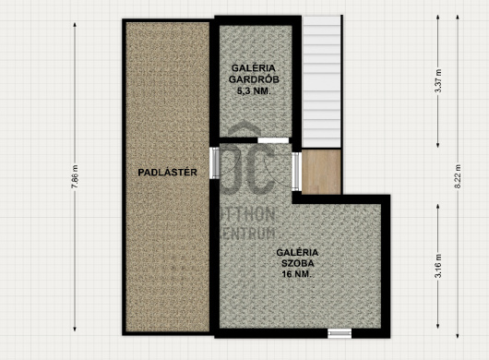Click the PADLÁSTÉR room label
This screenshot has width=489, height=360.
(x=168, y=173)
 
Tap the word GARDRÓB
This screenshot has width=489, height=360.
(x=254, y=79)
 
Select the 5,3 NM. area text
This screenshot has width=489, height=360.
(x=254, y=91)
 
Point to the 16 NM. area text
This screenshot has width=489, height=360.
(x=297, y=274)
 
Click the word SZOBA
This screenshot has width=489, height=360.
(x=298, y=263)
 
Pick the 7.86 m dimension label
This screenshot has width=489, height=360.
(x=75, y=176)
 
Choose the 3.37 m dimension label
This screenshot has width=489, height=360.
(x=438, y=81)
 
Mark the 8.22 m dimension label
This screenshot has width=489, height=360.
(x=458, y=176)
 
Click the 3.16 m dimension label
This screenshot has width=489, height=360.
(x=438, y=266)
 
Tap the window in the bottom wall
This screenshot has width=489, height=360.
(x=340, y=333)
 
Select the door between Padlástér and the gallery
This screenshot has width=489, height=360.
(x=214, y=162)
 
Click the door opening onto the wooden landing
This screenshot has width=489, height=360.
(x=296, y=171)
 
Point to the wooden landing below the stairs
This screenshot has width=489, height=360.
(x=321, y=172)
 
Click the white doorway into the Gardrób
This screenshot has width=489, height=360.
(x=273, y=140)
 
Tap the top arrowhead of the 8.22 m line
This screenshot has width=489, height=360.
(x=458, y=17)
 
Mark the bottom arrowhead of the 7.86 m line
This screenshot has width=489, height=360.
(x=75, y=330)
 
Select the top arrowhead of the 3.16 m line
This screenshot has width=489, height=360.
(x=438, y=206)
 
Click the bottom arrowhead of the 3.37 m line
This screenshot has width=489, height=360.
(x=438, y=145)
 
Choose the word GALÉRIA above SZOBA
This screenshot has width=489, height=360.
(x=297, y=252)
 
